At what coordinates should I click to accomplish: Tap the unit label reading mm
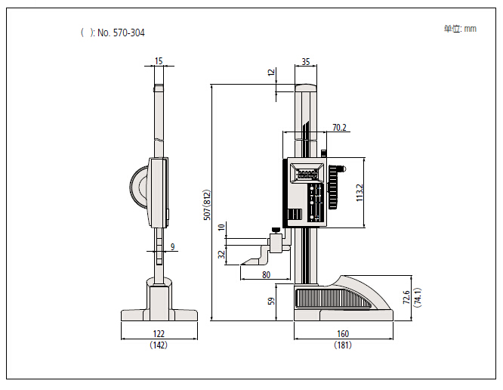click(x=470, y=29)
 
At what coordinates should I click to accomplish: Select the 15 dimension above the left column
click(x=158, y=60)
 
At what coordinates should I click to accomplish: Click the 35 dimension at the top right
click(x=305, y=61)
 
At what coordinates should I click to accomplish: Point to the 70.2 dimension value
click(x=339, y=128)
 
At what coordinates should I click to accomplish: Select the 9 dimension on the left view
click(x=172, y=246)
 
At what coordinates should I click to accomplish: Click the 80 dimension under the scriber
click(x=266, y=274)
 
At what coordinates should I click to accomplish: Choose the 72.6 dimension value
click(x=406, y=296)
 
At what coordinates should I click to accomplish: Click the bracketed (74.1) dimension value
click(x=417, y=296)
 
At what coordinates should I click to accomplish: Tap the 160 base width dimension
click(x=344, y=333)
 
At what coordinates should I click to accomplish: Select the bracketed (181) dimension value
click(x=344, y=345)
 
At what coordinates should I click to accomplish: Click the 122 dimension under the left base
click(x=159, y=333)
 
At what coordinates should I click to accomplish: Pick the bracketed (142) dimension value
click(x=159, y=345)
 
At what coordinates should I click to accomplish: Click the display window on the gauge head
click(x=307, y=175)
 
